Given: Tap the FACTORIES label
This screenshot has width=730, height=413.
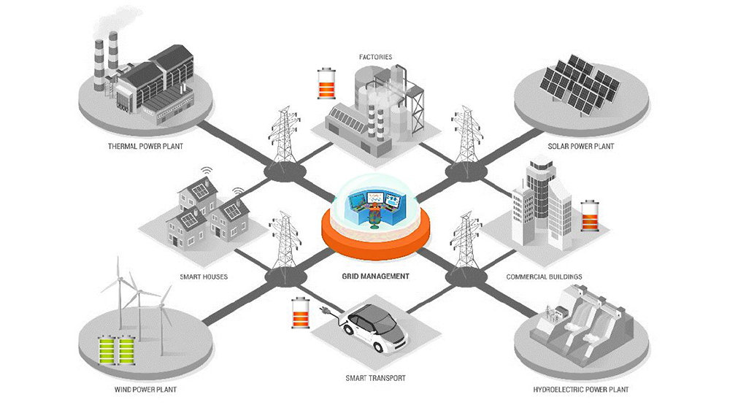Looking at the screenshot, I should click(375, 56).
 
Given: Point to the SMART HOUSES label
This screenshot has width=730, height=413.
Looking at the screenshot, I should click(204, 277).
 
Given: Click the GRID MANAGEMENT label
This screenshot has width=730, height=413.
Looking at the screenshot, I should click(375, 277).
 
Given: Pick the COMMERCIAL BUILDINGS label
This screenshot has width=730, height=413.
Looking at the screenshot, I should click(544, 277).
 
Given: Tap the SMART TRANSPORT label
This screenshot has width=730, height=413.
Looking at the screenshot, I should click(375, 378).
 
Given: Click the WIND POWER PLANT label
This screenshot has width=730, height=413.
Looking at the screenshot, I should click(145, 390).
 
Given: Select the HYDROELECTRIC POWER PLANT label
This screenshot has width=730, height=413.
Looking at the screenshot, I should click(580, 390).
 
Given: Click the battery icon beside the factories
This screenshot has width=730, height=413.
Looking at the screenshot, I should click(325, 84).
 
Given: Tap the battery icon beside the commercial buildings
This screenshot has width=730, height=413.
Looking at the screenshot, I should click(588, 215).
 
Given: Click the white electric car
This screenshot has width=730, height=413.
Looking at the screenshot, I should click(372, 328).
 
